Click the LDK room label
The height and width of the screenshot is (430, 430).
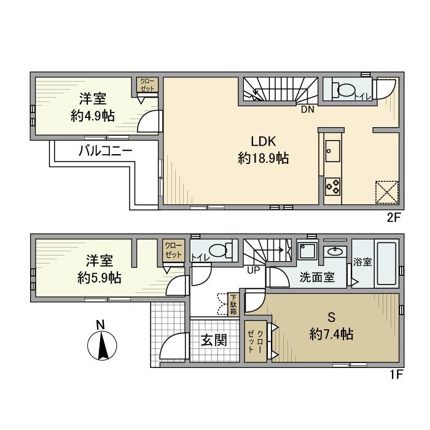(x=264, y=141)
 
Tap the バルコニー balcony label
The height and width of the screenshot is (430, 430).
(x=105, y=150)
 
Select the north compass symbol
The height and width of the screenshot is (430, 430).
(x=102, y=342)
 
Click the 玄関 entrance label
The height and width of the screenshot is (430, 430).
(x=214, y=340)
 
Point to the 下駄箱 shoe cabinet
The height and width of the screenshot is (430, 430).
(x=233, y=305)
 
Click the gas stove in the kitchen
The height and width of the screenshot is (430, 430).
(x=333, y=187)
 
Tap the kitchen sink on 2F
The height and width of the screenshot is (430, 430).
(x=333, y=151)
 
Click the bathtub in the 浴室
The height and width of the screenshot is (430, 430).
(x=386, y=264)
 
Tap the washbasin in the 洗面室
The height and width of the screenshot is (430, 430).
(x=335, y=251)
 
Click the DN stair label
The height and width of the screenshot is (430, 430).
(x=307, y=110)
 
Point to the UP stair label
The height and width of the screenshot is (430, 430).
(x=253, y=270)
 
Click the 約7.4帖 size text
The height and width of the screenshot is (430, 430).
(x=331, y=334)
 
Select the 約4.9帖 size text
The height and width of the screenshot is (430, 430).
(x=93, y=115)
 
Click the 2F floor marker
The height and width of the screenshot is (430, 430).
(x=394, y=217)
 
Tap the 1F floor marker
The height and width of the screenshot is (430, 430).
(x=396, y=374)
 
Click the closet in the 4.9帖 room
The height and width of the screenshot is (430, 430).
(x=147, y=85)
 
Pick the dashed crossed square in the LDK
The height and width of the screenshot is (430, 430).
(x=386, y=192)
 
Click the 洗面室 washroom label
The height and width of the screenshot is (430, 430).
(x=317, y=277)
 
